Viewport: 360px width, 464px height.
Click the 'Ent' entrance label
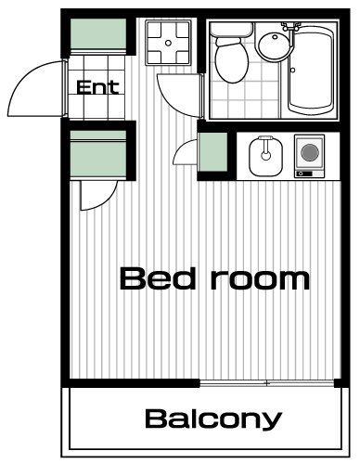tap(97, 87)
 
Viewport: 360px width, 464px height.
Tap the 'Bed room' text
tap(214, 279)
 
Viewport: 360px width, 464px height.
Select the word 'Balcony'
tap(213, 419)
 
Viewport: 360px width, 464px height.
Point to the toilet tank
tap(232, 30)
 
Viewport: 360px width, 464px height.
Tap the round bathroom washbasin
tap(275, 45)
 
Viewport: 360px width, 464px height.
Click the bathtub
tap(311, 71)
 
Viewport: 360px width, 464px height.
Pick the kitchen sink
tap(266, 156)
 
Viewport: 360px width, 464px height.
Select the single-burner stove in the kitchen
tap(310, 156)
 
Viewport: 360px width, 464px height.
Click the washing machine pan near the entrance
tap(168, 43)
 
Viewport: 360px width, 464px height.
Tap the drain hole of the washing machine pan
tap(168, 43)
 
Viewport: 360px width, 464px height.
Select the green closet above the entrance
tap(98, 33)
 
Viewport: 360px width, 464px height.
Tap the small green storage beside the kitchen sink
tap(212, 151)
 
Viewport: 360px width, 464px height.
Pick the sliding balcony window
tap(266, 383)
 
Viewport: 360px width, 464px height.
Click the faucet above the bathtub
tap(290, 27)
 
